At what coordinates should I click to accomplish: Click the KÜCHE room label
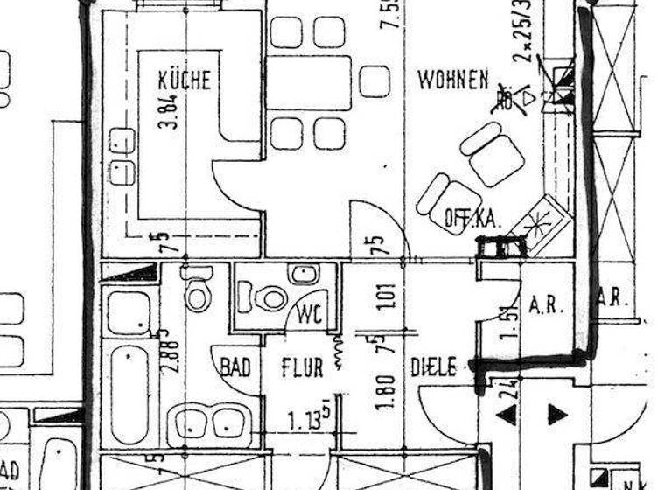pos(184,80)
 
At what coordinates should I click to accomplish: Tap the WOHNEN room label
pos(452,80)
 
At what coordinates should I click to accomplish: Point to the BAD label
pos(234,367)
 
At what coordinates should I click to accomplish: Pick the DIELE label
pos(433,367)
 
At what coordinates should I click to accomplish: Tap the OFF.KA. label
pos(472,219)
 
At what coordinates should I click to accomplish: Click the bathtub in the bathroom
pos(130,394)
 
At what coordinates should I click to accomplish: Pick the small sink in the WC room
pos(304,275)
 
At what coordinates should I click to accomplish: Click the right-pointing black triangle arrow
pos(557,414)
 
